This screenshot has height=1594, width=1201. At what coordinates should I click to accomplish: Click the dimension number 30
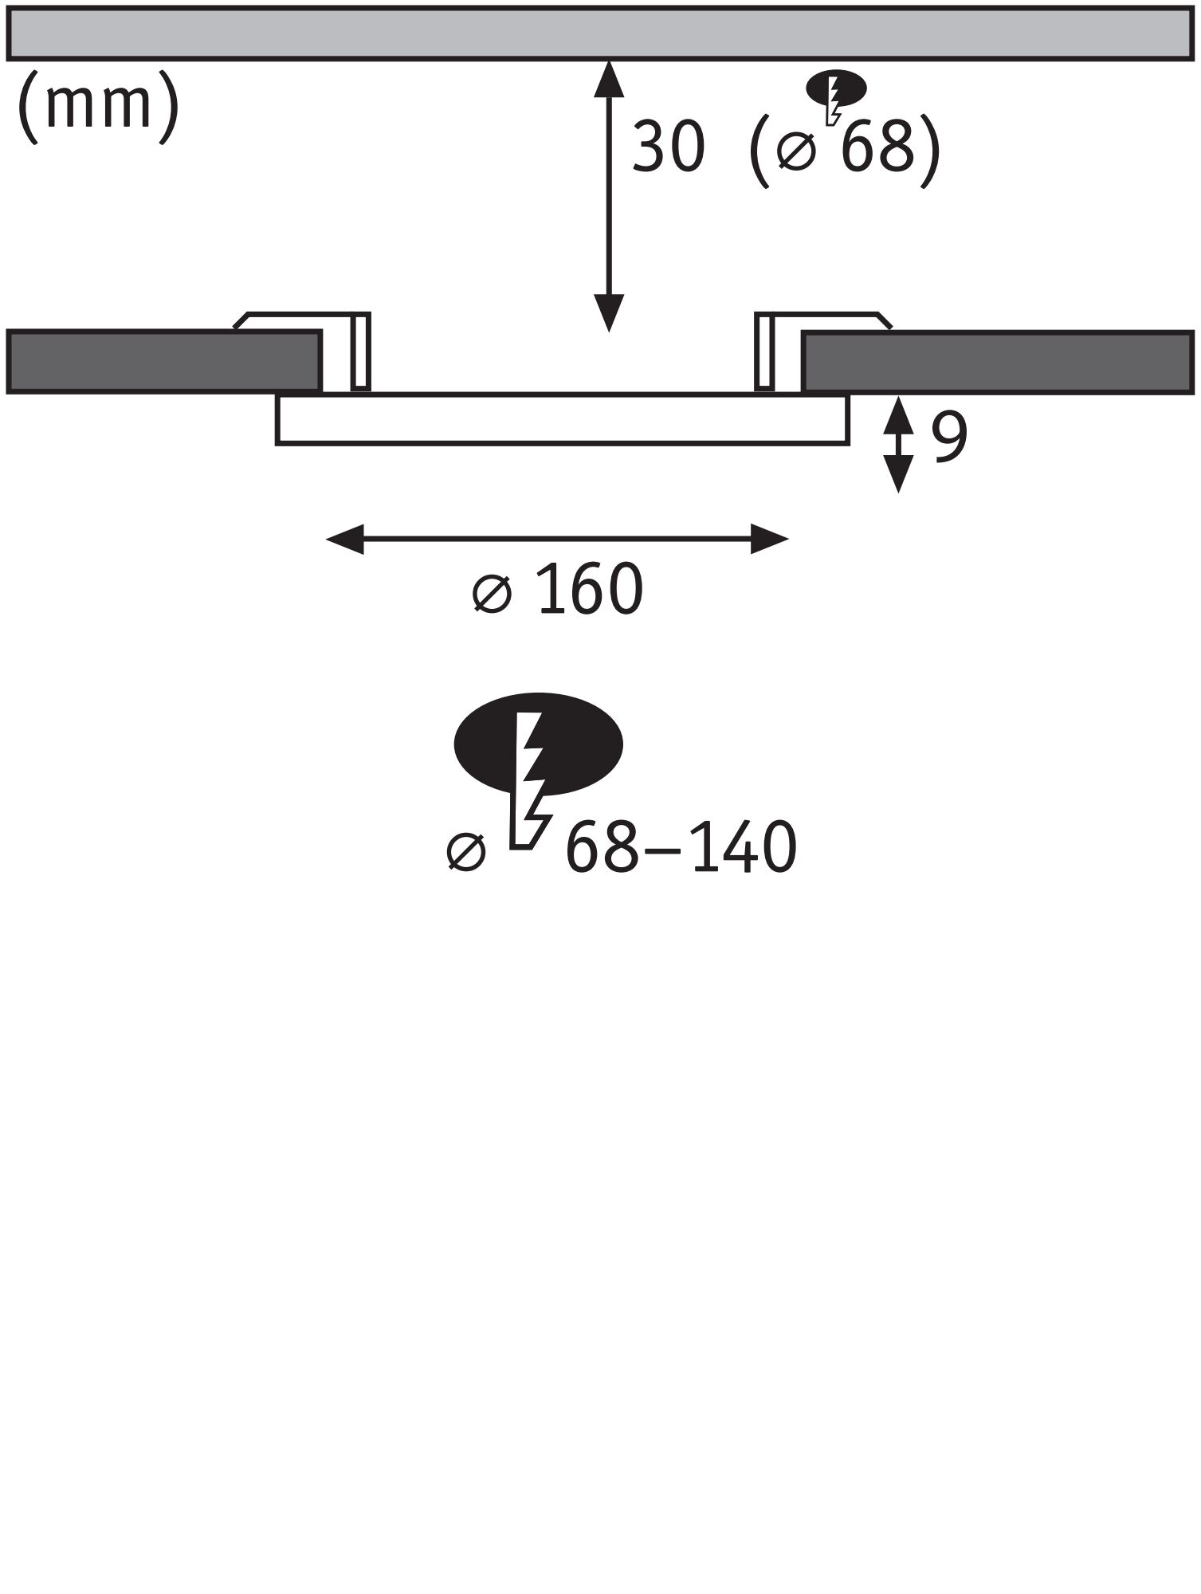668,147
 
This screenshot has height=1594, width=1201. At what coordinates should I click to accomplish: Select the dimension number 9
949,437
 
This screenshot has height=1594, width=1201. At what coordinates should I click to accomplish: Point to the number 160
590,590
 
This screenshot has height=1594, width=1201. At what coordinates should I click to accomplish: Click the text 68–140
681,848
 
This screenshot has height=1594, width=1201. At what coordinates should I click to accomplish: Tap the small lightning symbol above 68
835,94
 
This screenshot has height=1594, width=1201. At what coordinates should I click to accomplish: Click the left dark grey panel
163,362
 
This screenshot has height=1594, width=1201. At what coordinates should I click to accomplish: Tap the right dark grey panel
998,362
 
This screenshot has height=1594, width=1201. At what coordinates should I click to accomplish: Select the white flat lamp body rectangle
562,419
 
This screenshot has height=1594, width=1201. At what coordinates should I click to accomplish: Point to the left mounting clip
360,351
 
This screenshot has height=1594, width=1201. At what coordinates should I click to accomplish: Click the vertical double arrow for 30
609,195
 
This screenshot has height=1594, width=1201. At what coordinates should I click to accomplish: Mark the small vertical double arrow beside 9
899,444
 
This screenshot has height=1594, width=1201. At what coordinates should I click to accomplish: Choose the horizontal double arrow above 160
557,540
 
